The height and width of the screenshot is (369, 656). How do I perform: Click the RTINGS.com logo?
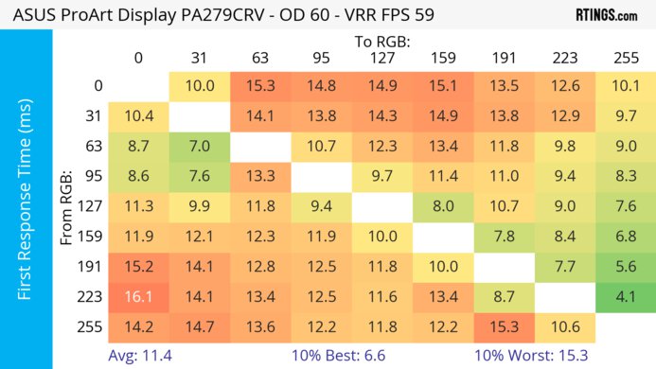click(x=606, y=15)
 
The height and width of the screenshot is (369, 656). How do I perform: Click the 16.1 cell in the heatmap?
click(x=138, y=296)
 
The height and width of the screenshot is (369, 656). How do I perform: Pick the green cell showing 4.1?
click(x=626, y=296)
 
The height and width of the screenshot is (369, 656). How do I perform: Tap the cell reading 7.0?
click(x=199, y=146)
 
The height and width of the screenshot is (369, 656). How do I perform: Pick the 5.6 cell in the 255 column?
click(x=626, y=267)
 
